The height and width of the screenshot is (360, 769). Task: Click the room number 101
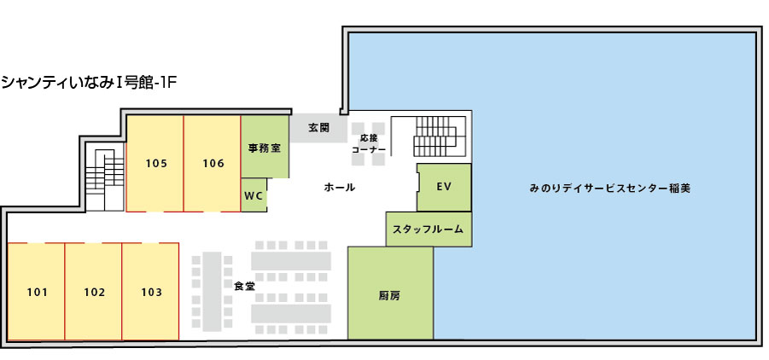[38, 293]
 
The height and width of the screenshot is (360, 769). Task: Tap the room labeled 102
[94, 293]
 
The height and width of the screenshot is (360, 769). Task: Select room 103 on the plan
[151, 293]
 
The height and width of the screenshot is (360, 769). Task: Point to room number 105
[156, 163]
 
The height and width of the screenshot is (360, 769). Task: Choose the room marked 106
[213, 163]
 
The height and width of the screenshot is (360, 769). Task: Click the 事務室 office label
[265, 148]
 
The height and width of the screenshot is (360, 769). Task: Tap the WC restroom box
[254, 195]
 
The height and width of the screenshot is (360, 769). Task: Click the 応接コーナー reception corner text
[369, 144]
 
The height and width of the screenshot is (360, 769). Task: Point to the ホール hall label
[340, 187]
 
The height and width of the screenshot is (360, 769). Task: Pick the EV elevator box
[444, 187]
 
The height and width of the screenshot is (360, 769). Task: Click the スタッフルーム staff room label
[428, 229]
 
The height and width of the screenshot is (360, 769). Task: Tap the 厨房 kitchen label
[390, 296]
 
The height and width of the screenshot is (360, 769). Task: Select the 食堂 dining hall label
[244, 286]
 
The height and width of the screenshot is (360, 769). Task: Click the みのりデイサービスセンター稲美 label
[610, 188]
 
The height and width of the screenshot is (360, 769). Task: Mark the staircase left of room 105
[104, 177]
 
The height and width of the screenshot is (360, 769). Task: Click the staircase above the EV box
[432, 136]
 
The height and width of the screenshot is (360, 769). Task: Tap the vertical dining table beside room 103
[212, 290]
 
